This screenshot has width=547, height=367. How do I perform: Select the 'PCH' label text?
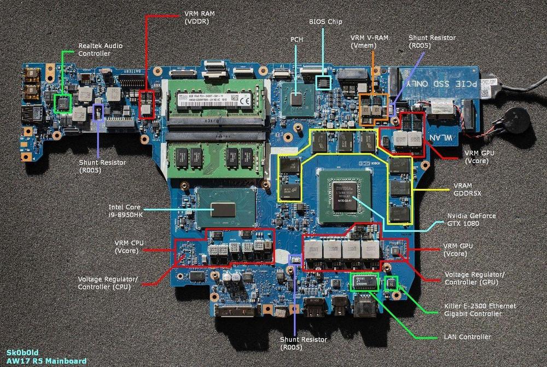coord(296,40)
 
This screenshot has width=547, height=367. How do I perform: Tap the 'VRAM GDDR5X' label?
coord(469,190)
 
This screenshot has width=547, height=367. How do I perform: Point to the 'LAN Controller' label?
coord(467,337)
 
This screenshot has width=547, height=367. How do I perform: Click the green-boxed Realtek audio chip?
coord(64,102)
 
